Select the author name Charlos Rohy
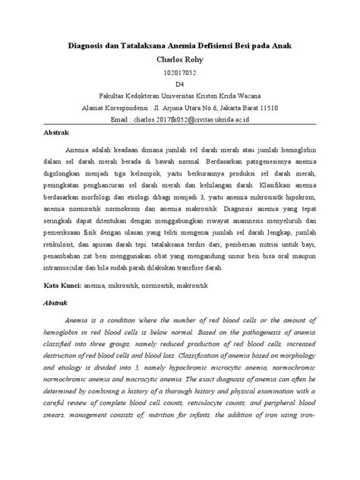tap(180, 58)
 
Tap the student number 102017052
tap(180, 72)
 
